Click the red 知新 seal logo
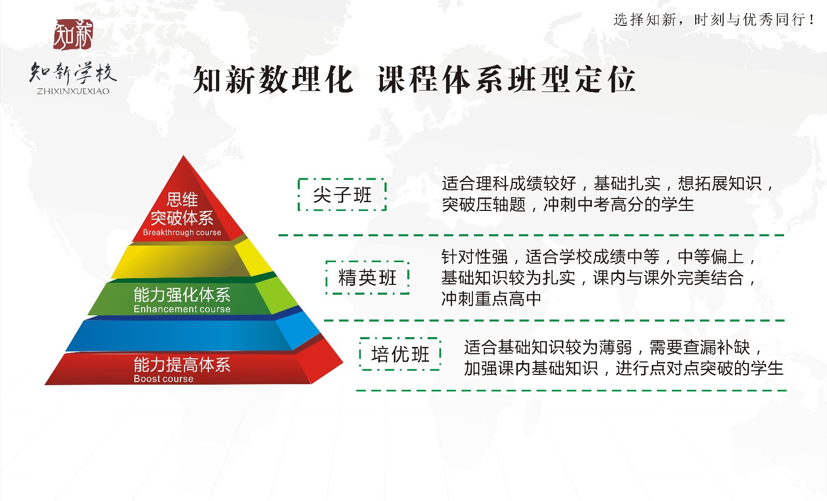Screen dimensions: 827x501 click(x=73, y=34)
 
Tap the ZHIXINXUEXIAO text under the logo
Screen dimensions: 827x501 click(x=73, y=91)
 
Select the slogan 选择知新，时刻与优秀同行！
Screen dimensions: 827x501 click(x=714, y=20)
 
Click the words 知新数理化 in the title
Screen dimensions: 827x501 click(x=273, y=80)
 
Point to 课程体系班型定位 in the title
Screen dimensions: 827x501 click(x=506, y=80)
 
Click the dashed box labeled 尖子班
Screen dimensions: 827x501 click(x=342, y=194)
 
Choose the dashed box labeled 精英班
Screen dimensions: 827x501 click(x=367, y=278)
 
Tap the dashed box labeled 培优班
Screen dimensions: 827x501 click(x=400, y=354)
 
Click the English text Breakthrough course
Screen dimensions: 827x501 click(x=182, y=232)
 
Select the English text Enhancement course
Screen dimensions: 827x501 click(x=182, y=309)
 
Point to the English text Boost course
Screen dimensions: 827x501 click(x=163, y=378)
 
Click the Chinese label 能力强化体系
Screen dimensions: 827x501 click(x=182, y=295)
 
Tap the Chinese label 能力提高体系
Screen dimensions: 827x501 click(x=182, y=365)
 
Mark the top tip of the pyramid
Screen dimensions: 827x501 click(x=183, y=156)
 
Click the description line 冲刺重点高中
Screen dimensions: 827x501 click(x=491, y=299)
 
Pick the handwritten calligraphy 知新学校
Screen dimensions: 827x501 click(x=73, y=72)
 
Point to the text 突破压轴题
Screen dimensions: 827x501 click(x=484, y=204)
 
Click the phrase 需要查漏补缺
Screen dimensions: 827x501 click(x=700, y=347)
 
